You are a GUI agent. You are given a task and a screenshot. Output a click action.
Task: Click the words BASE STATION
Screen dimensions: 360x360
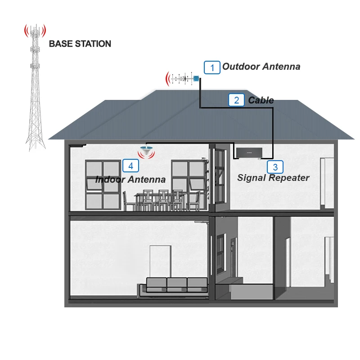coord(80,44)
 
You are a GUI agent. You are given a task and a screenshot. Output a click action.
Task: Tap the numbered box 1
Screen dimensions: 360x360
coord(212,67)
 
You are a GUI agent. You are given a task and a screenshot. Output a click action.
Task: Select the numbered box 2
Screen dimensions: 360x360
coord(236,100)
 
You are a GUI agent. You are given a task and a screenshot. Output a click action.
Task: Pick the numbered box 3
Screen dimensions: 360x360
coord(275,167)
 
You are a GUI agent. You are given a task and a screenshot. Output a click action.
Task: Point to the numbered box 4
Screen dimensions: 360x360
coord(130,166)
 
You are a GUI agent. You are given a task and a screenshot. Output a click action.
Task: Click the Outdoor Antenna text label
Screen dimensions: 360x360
coord(261,67)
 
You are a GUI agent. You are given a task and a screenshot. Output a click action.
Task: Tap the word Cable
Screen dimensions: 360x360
coord(261,100)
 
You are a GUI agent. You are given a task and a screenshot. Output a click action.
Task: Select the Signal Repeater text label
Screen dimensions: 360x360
coord(273,178)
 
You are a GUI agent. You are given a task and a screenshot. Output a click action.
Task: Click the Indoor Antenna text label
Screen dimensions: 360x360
coord(130,179)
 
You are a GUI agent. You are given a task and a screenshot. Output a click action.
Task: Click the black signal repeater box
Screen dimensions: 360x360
coord(247,153)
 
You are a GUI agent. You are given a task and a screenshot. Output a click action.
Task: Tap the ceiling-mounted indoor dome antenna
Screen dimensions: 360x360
coord(145,148)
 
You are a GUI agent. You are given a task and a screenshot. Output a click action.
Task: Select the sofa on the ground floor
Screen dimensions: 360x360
coord(176,286)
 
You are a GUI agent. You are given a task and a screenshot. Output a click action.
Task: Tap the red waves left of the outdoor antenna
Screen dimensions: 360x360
coord(168,79)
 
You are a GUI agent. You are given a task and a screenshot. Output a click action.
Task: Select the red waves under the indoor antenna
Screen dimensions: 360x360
coord(145,155)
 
